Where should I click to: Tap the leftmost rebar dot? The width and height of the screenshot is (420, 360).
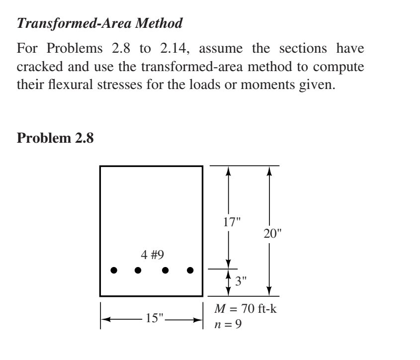114,270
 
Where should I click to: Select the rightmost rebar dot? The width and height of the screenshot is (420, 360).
190,270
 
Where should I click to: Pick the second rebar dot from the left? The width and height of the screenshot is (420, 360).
138,270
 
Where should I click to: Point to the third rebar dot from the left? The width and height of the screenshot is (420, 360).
165,270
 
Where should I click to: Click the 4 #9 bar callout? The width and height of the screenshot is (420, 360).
153,255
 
